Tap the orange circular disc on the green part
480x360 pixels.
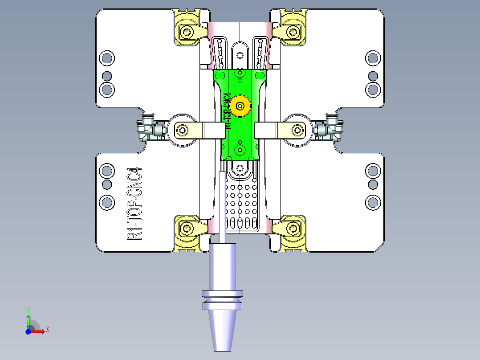(240, 106)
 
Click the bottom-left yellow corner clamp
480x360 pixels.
(187, 229)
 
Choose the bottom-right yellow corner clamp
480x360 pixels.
(293, 229)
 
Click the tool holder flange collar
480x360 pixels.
(223, 299)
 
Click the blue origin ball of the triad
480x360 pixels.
(28, 331)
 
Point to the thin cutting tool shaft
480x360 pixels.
(222, 200)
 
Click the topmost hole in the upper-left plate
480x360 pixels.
(106, 57)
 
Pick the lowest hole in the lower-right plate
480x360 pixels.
(373, 203)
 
